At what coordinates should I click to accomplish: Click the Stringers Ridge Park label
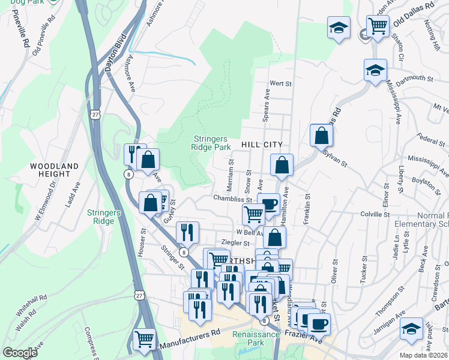pos(211,142)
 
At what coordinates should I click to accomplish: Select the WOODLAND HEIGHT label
pos(55,170)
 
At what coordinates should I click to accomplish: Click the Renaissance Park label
pos(256,339)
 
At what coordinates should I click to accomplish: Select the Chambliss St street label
pos(232,198)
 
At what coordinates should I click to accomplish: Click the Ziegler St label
pos(235,243)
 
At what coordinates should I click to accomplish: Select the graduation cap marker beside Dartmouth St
pos(375,70)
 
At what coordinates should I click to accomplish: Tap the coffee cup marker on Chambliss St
pos(269,203)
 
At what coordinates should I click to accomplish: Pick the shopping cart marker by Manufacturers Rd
pos(145,339)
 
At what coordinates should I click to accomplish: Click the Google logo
pos(20,353)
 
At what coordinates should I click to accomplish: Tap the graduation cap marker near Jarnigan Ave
pos(411,329)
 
